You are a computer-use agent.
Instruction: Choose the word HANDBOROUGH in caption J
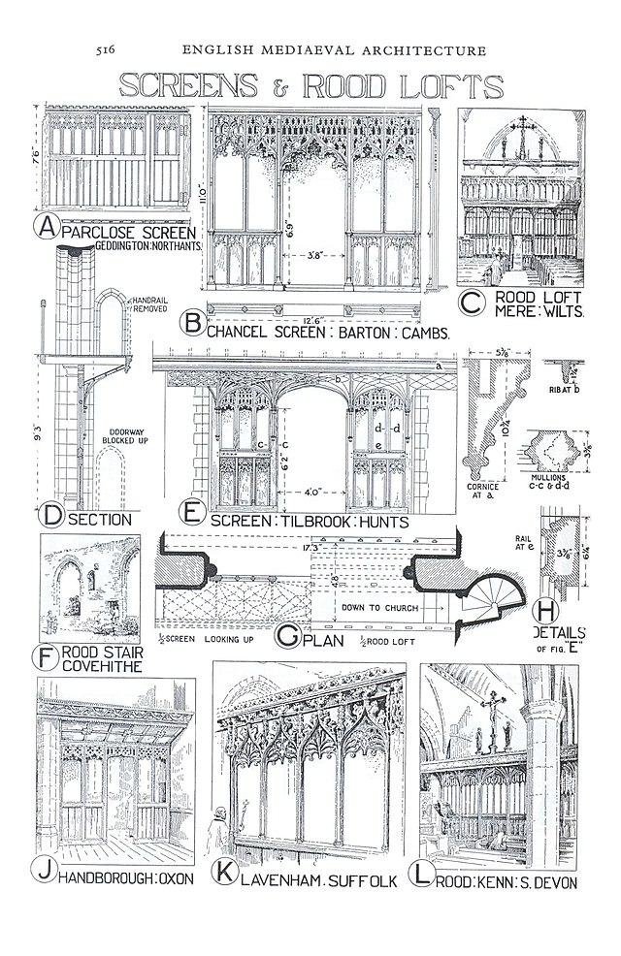coord(108,878)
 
